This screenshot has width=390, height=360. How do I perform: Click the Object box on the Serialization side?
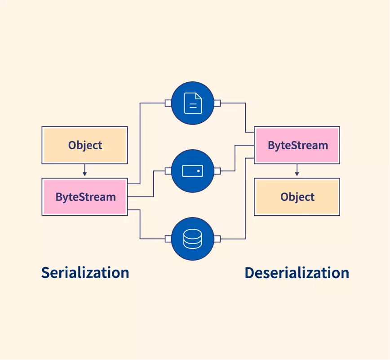(x=84, y=145)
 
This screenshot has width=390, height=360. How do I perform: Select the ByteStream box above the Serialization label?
(x=84, y=197)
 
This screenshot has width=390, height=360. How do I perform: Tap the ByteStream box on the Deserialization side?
(x=297, y=145)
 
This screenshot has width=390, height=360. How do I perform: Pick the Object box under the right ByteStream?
(x=297, y=197)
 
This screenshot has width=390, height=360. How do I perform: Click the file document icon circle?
(x=193, y=103)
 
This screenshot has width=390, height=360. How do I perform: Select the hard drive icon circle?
(x=193, y=171)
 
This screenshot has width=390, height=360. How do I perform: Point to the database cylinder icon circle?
(x=193, y=239)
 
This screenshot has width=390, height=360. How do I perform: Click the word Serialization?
(x=85, y=272)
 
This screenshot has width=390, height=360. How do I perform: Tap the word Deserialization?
(x=297, y=273)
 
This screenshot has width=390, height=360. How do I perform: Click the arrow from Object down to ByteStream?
(x=84, y=171)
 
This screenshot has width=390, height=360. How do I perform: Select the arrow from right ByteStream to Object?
(x=297, y=171)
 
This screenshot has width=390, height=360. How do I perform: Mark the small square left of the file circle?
(x=168, y=103)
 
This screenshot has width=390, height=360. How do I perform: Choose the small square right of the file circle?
(x=217, y=103)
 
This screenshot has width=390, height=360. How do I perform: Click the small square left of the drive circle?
(x=168, y=171)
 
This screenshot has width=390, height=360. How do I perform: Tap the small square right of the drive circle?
(x=217, y=171)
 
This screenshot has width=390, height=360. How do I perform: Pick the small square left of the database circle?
(x=168, y=239)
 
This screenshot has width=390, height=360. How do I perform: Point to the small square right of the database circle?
(x=217, y=239)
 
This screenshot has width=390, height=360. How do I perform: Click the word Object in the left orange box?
(x=85, y=145)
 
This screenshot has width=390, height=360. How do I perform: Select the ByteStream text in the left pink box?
(x=85, y=197)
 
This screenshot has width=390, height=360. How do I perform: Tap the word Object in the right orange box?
(x=297, y=197)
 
